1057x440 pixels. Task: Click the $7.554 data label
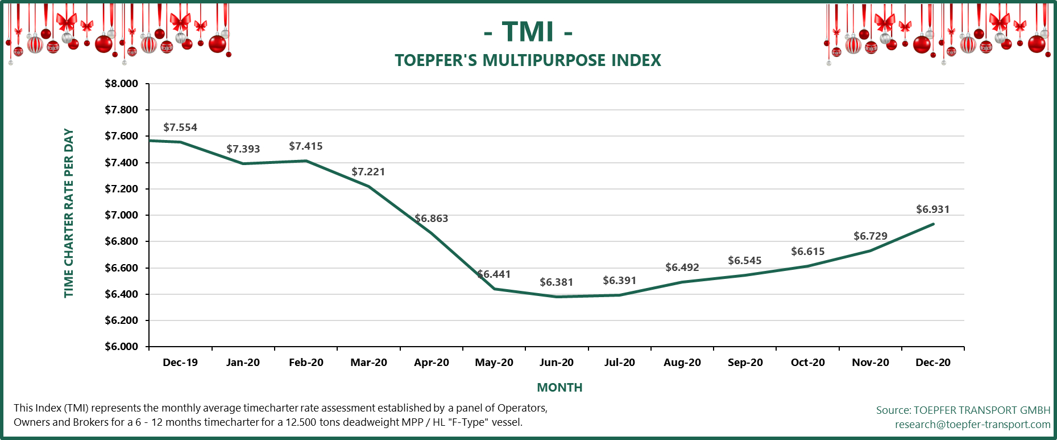tap(180, 128)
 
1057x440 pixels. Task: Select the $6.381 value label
tap(556, 282)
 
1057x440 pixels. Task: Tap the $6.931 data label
tap(932, 209)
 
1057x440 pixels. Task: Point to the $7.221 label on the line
tap(368, 172)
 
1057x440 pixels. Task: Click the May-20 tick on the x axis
tap(494, 363)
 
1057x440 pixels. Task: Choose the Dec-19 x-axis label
tap(180, 363)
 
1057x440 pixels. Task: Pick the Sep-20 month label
tap(745, 363)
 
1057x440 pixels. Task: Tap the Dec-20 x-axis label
tap(932, 363)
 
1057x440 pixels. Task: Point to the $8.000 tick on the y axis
tap(121, 84)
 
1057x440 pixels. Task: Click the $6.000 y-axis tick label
tap(121, 347)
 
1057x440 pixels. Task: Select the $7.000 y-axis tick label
tap(121, 215)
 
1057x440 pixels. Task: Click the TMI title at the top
tap(528, 31)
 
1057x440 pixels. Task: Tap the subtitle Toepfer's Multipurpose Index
tap(528, 60)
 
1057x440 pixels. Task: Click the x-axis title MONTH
tap(559, 388)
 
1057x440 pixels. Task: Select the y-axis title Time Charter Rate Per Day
tap(69, 213)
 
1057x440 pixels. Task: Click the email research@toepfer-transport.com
tap(972, 425)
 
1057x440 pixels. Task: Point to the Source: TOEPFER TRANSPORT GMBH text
tap(963, 410)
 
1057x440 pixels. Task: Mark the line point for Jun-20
tap(557, 297)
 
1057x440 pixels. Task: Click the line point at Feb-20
tap(306, 161)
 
